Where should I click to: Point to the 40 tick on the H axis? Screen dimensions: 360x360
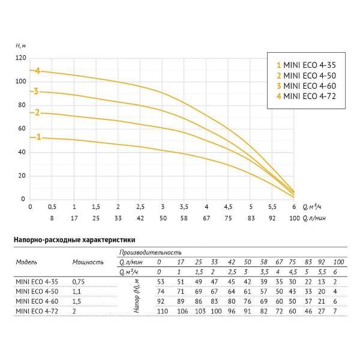tap(23, 152)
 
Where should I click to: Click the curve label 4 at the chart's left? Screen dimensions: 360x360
tap(37, 71)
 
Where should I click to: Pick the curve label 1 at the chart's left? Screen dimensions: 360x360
tap(39, 137)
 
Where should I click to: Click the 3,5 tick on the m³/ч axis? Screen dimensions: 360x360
tap(184, 206)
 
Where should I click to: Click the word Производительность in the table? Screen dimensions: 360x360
tap(150, 253)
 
